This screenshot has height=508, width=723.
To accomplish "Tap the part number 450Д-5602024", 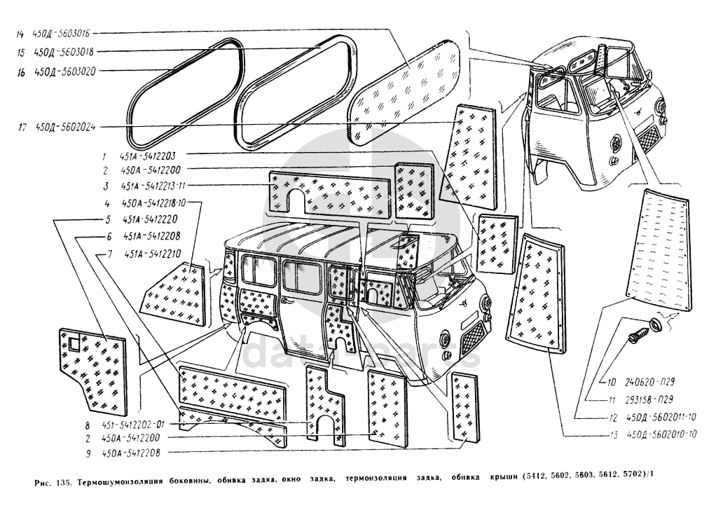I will [x=64, y=127].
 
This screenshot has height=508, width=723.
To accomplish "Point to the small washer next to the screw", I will [x=656, y=324].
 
